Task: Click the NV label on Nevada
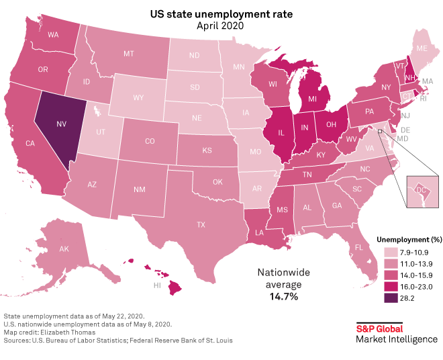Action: (x=61, y=125)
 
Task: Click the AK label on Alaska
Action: (x=65, y=249)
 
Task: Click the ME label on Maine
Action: (x=422, y=49)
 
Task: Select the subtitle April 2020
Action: (x=221, y=26)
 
